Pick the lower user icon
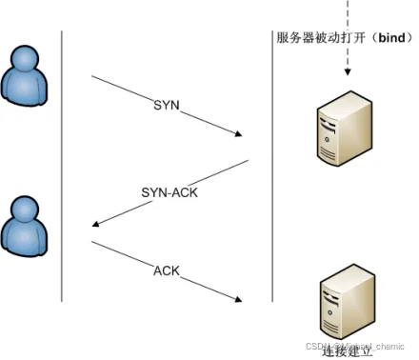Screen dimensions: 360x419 tap(24, 230)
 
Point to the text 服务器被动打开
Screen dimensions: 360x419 tap(312, 38)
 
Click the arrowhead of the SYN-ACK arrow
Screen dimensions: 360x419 tap(94, 226)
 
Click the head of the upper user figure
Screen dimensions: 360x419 tap(24, 57)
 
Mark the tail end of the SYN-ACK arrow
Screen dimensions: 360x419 tap(249, 161)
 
